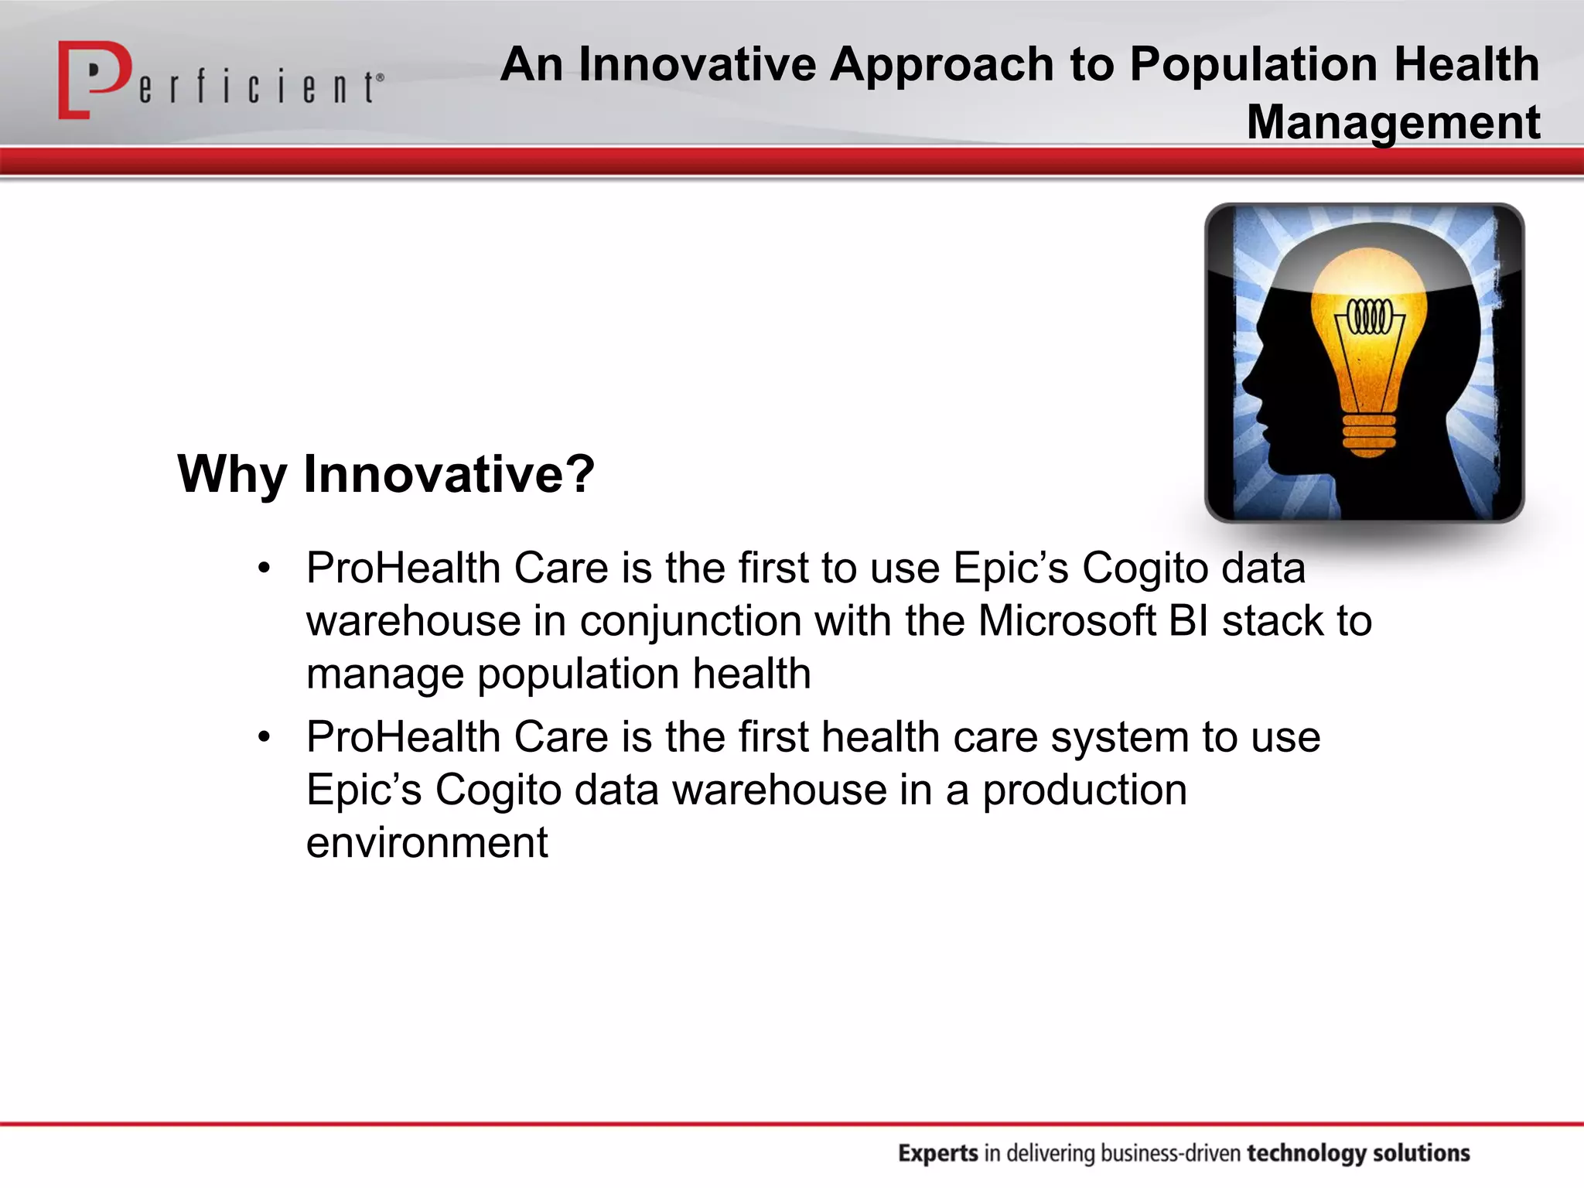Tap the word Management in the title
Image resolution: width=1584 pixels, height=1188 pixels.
coord(1393,122)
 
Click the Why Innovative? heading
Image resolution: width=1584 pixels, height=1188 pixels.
coord(386,473)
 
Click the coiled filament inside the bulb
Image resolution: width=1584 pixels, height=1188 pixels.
coord(1370,316)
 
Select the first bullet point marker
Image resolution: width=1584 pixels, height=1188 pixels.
coord(265,568)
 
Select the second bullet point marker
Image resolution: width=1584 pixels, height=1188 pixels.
coord(265,737)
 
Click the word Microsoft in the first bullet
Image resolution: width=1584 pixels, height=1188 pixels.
coord(1067,621)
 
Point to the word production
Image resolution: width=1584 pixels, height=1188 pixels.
coord(1084,791)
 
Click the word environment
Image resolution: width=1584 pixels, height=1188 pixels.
coord(427,842)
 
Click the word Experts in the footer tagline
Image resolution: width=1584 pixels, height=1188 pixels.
coord(938,1153)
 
